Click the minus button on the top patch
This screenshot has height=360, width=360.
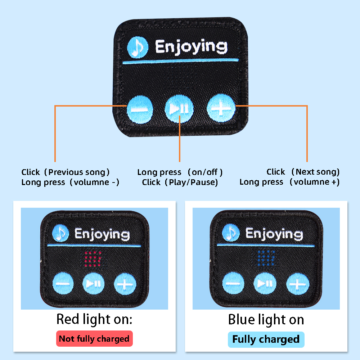click(x=140, y=110)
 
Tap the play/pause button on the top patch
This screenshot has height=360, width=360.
click(x=179, y=108)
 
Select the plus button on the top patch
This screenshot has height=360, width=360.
click(x=221, y=108)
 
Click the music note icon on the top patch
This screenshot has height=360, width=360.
click(x=138, y=47)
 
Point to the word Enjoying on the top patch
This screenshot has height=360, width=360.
click(x=191, y=47)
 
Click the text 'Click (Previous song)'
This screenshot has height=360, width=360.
click(x=66, y=172)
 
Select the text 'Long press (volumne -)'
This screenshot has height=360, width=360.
click(x=70, y=182)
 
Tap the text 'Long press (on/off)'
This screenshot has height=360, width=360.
click(x=180, y=172)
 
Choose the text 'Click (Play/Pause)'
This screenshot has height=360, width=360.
click(x=180, y=182)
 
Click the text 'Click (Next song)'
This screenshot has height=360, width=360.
click(x=303, y=172)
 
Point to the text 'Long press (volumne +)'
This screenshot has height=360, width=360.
click(x=289, y=182)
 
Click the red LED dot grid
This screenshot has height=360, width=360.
click(x=93, y=259)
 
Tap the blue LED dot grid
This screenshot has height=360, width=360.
click(x=266, y=258)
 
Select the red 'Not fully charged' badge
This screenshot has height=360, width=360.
click(x=94, y=339)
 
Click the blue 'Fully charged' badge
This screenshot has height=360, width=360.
click(x=266, y=339)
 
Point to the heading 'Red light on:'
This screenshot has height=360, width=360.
click(x=94, y=319)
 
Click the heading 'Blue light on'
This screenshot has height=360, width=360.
click(x=266, y=320)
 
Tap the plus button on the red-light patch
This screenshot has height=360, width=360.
click(x=125, y=284)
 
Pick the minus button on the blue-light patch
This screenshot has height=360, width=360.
click(x=233, y=283)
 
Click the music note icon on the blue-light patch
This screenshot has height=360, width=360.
click(x=231, y=233)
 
